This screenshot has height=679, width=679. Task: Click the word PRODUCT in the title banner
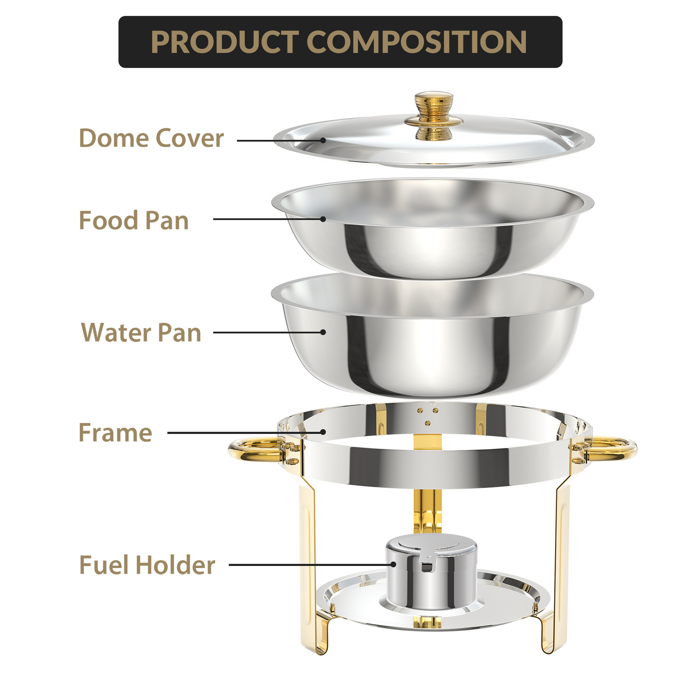[x=225, y=42]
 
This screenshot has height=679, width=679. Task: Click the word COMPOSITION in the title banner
[x=417, y=42]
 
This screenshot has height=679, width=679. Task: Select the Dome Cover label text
[x=151, y=138]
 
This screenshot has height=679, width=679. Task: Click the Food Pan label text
[x=134, y=221]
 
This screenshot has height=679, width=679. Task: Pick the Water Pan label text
[x=141, y=333]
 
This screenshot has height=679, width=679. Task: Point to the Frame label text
[x=115, y=433]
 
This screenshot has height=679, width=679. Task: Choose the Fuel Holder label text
[x=147, y=565]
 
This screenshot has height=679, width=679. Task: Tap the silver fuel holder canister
[x=432, y=576]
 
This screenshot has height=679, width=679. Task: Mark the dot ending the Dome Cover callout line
[x=323, y=140]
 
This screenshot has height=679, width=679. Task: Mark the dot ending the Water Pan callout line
[x=323, y=332]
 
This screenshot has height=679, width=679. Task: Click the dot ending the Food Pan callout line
[x=323, y=219]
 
